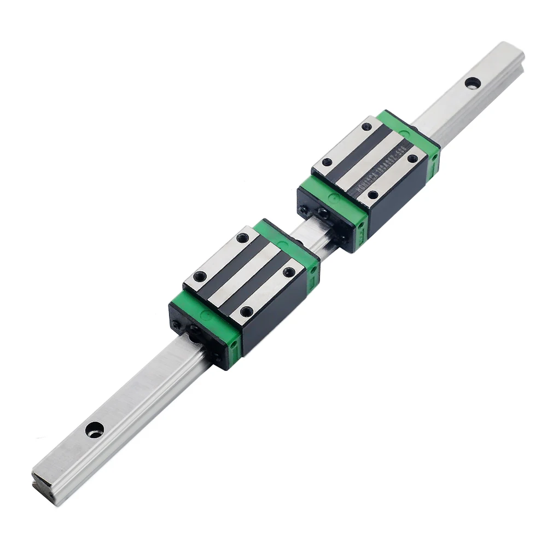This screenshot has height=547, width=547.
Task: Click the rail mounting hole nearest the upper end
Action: [x=470, y=83]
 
